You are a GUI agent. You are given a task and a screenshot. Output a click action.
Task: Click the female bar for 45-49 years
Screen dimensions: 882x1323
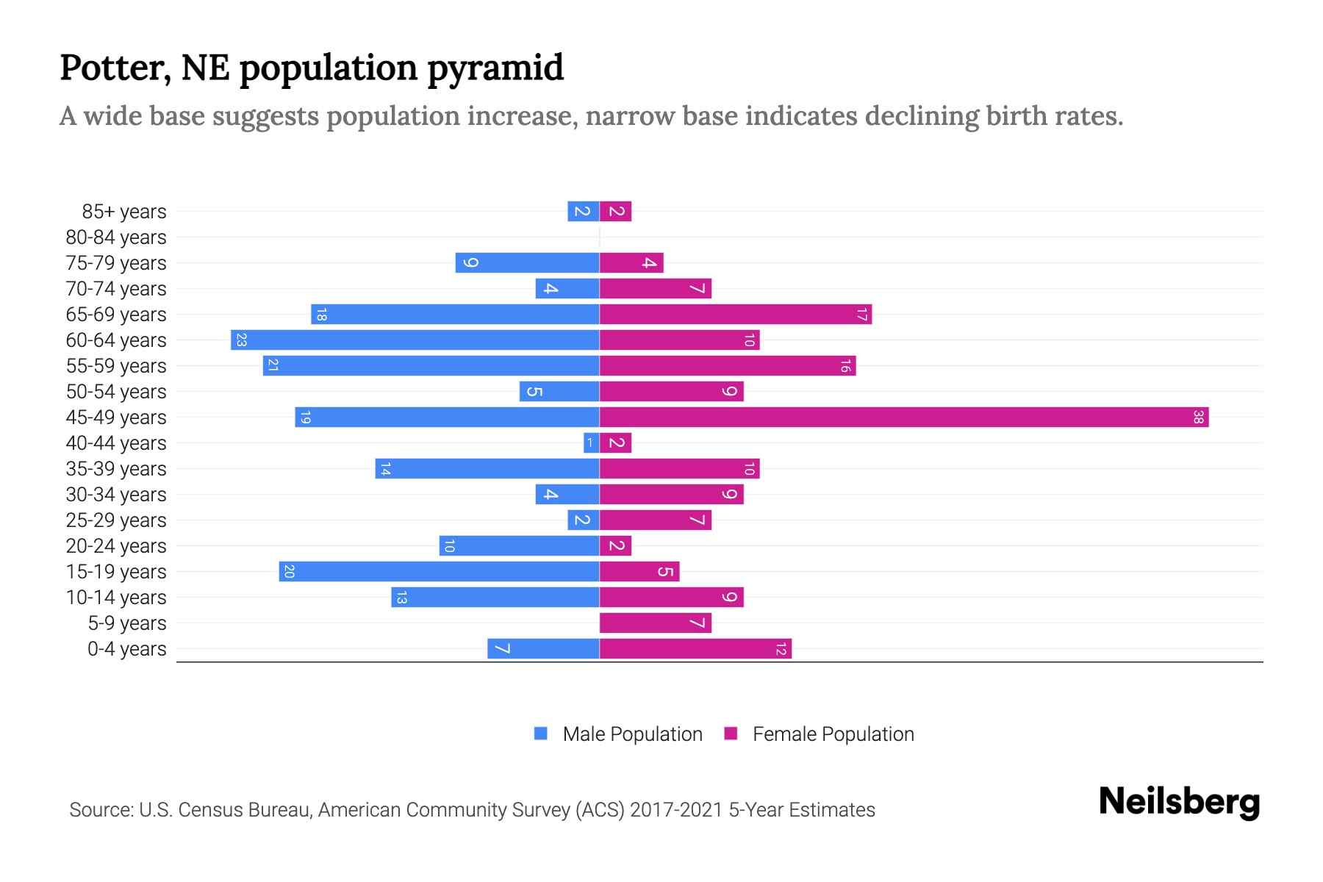coord(904,417)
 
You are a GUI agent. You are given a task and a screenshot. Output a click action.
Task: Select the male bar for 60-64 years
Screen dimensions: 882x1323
coord(415,340)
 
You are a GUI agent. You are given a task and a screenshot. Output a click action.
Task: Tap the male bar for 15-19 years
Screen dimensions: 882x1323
coord(439,572)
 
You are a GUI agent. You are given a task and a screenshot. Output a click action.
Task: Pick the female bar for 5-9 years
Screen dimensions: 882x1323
coord(655,623)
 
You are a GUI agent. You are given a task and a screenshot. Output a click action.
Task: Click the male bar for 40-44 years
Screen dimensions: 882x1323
coord(591,443)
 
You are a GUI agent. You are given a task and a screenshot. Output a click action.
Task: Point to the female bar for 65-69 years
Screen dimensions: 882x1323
coord(735,315)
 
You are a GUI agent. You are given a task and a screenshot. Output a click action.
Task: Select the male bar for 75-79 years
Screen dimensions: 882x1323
coord(527,263)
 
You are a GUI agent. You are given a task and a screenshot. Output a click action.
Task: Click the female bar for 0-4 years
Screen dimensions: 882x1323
coord(695,649)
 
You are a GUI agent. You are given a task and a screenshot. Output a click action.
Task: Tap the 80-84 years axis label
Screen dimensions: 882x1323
coord(116,237)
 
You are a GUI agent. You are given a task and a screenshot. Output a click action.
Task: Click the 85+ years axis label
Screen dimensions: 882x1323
coord(124,212)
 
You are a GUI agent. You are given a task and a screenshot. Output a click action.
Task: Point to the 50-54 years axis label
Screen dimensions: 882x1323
coord(116,392)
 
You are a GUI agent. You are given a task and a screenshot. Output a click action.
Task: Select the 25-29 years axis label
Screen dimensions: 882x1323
coord(116,520)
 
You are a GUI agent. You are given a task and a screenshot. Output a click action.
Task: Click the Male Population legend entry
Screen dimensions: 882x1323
coord(631,734)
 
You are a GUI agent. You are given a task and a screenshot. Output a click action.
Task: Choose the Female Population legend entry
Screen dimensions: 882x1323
coord(832,734)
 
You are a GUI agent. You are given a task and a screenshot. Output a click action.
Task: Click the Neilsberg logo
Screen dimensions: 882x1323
coord(1179,802)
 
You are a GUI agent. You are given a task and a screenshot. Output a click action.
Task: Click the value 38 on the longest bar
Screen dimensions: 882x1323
coord(1198,417)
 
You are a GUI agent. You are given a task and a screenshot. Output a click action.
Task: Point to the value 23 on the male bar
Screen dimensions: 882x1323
coord(241,340)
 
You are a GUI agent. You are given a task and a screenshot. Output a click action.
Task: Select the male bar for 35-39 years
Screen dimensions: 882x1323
coord(487,469)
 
